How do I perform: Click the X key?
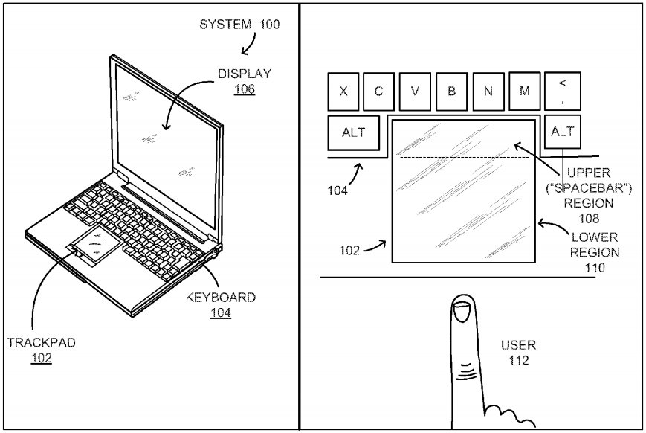click(343, 92)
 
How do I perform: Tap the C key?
click(379, 92)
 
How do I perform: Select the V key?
click(416, 92)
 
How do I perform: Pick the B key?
click(451, 92)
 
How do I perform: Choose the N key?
click(488, 92)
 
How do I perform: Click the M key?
click(524, 92)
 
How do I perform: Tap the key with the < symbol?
click(562, 90)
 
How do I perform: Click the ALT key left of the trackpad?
click(354, 132)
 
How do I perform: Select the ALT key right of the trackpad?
click(562, 132)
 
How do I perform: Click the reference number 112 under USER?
click(518, 362)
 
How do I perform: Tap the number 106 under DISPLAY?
click(244, 89)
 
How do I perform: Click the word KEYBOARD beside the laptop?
click(220, 298)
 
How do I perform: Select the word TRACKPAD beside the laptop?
click(42, 343)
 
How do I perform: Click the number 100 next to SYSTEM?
click(269, 24)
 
